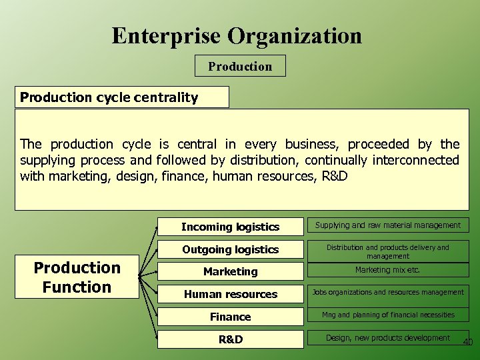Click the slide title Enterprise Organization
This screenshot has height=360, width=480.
pos(237,35)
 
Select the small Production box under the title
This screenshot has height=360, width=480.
pos(240,66)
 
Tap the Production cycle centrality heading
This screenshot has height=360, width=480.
pos(109,97)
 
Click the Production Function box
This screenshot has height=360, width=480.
pos(77,277)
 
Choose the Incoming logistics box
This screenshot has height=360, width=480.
pos(230,227)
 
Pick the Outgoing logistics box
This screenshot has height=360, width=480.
pos(230,249)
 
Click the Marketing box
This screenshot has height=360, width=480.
pos(230,271)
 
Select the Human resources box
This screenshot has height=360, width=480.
pos(230,294)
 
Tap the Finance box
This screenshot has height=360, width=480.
pos(230,317)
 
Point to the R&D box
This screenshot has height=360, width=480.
pos(230,339)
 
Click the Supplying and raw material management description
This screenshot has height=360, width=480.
pos(387,225)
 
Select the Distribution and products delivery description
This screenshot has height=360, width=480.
pos(387,251)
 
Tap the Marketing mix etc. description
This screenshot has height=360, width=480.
pos(387,270)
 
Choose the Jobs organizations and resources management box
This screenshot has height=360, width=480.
pos(387,293)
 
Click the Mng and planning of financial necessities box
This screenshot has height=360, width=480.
pos(387,315)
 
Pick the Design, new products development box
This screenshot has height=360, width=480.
pos(387,338)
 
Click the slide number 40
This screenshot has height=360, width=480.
pos(467,343)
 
